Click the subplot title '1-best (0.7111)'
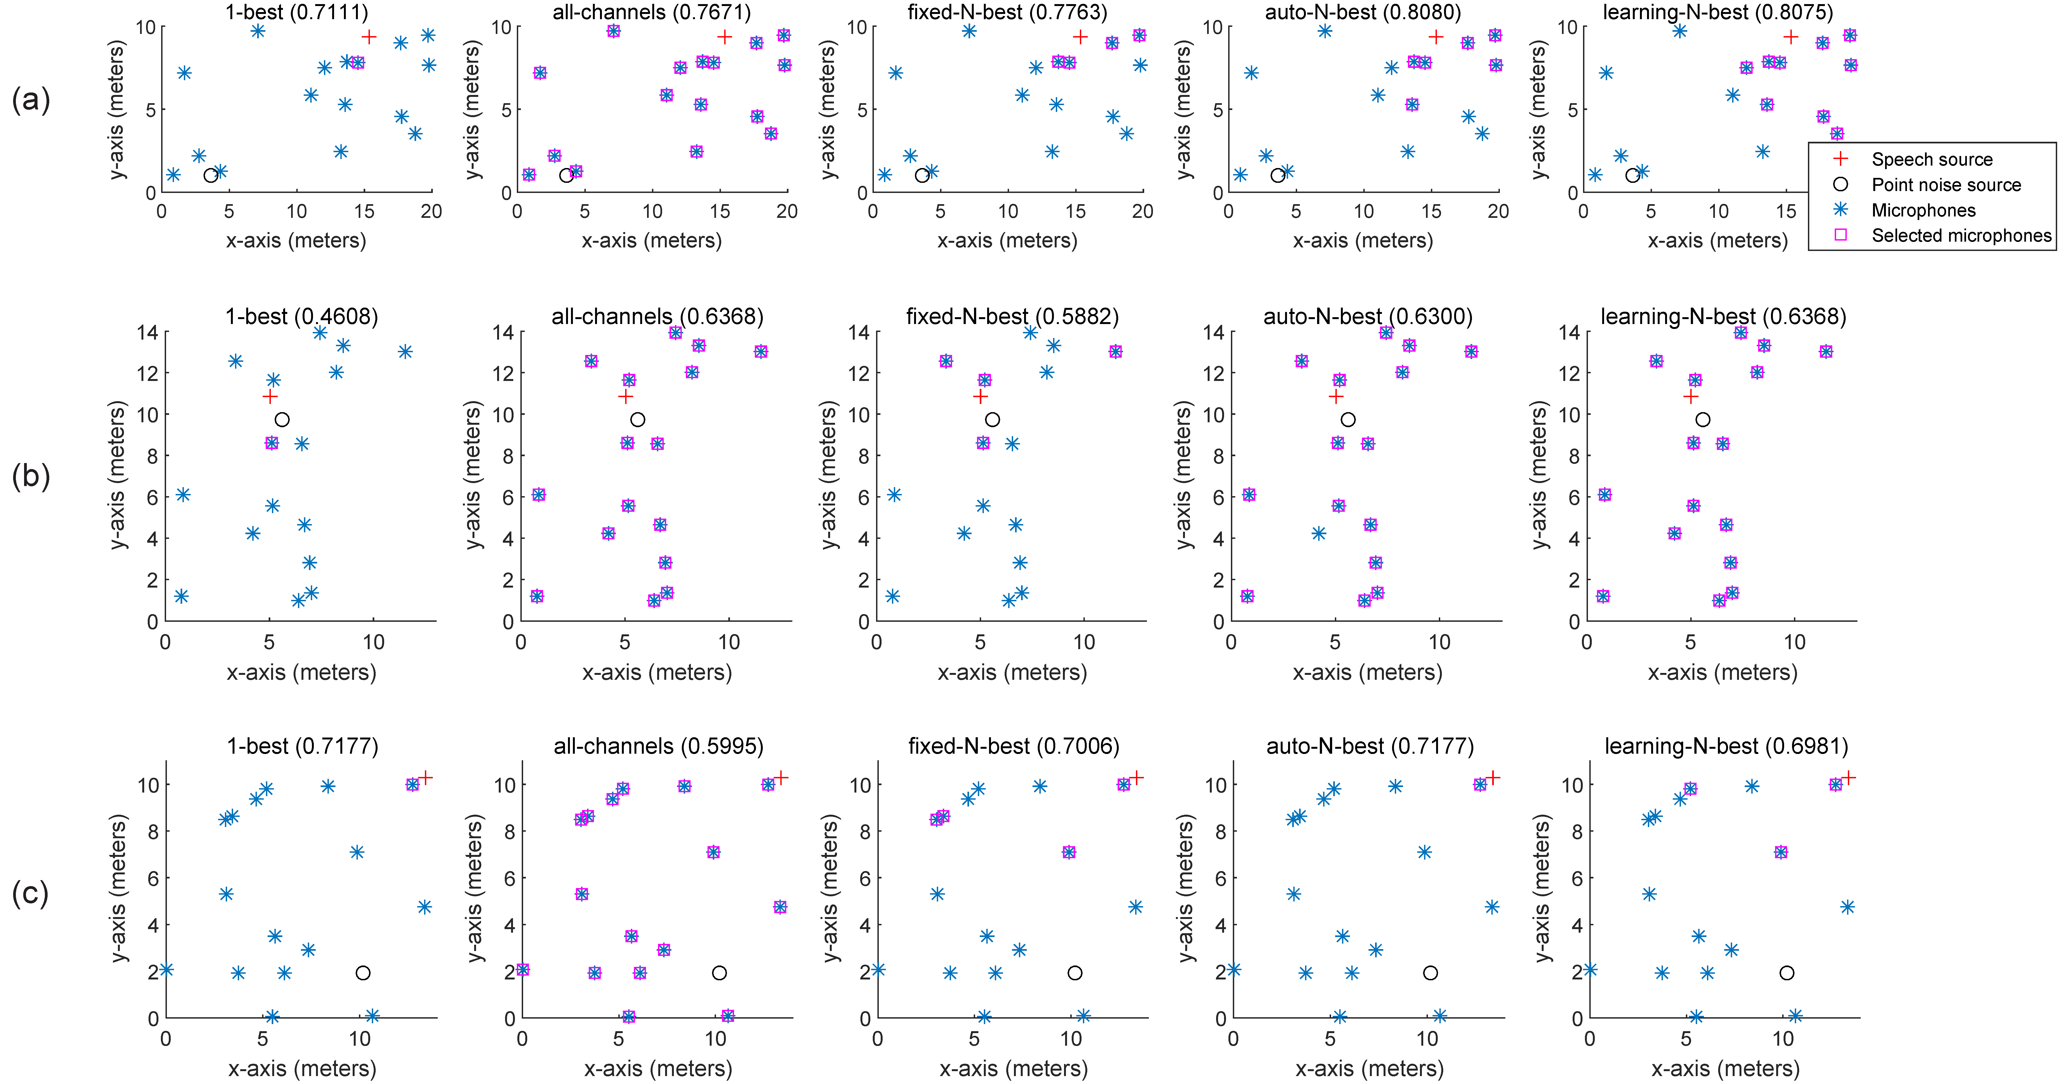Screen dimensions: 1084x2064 pos(297,12)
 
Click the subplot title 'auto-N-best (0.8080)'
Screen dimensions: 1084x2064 pos(1362,12)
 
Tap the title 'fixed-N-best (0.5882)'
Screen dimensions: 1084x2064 pos(1012,316)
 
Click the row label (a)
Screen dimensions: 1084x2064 pos(30,100)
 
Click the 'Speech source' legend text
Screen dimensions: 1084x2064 pos(1931,160)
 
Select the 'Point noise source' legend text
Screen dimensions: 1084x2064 pos(1946,185)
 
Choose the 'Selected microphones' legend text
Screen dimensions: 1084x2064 pos(1961,236)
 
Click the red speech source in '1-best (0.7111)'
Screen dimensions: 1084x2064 pos(369,37)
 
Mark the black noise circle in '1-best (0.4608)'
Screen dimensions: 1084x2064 pos(281,419)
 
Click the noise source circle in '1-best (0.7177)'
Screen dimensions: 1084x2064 pos(362,973)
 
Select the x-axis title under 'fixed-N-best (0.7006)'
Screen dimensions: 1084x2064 pos(1013,1068)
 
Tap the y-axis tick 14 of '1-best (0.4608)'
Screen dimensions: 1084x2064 pos(147,332)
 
